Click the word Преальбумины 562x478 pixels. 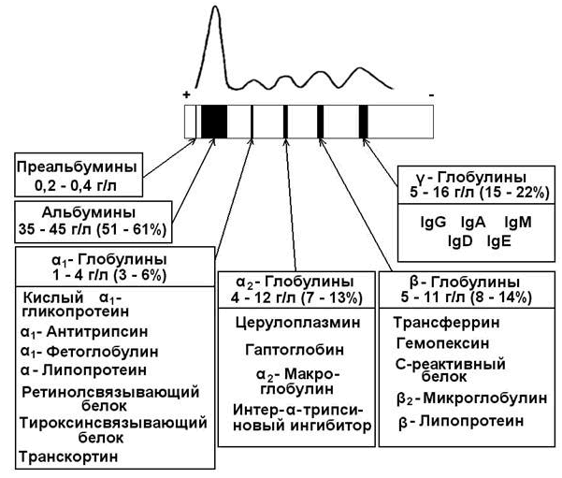pos(77,167)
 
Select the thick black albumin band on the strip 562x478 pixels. pos(214,122)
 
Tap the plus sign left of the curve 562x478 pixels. pos(186,94)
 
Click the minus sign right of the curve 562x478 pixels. pos(431,95)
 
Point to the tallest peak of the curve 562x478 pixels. pos(215,7)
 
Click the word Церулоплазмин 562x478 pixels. pos(298,323)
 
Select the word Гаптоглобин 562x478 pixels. pos(295,349)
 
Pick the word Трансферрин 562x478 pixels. pos(446,323)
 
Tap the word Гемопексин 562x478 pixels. pos(442,343)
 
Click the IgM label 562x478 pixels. pos(518,223)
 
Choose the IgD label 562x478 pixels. pos(460,241)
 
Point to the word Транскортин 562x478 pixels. pos(68,456)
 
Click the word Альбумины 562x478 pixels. pos(89,212)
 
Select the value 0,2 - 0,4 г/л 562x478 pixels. pos(76,186)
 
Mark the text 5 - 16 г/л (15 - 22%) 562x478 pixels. pos(480,193)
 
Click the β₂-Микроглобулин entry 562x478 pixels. pos(472,398)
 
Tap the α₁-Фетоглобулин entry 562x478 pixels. pos(89,352)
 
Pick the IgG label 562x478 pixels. pos(433,223)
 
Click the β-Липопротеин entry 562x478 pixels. pos(461,421)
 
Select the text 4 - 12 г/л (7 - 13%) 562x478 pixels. pos(296,297)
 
